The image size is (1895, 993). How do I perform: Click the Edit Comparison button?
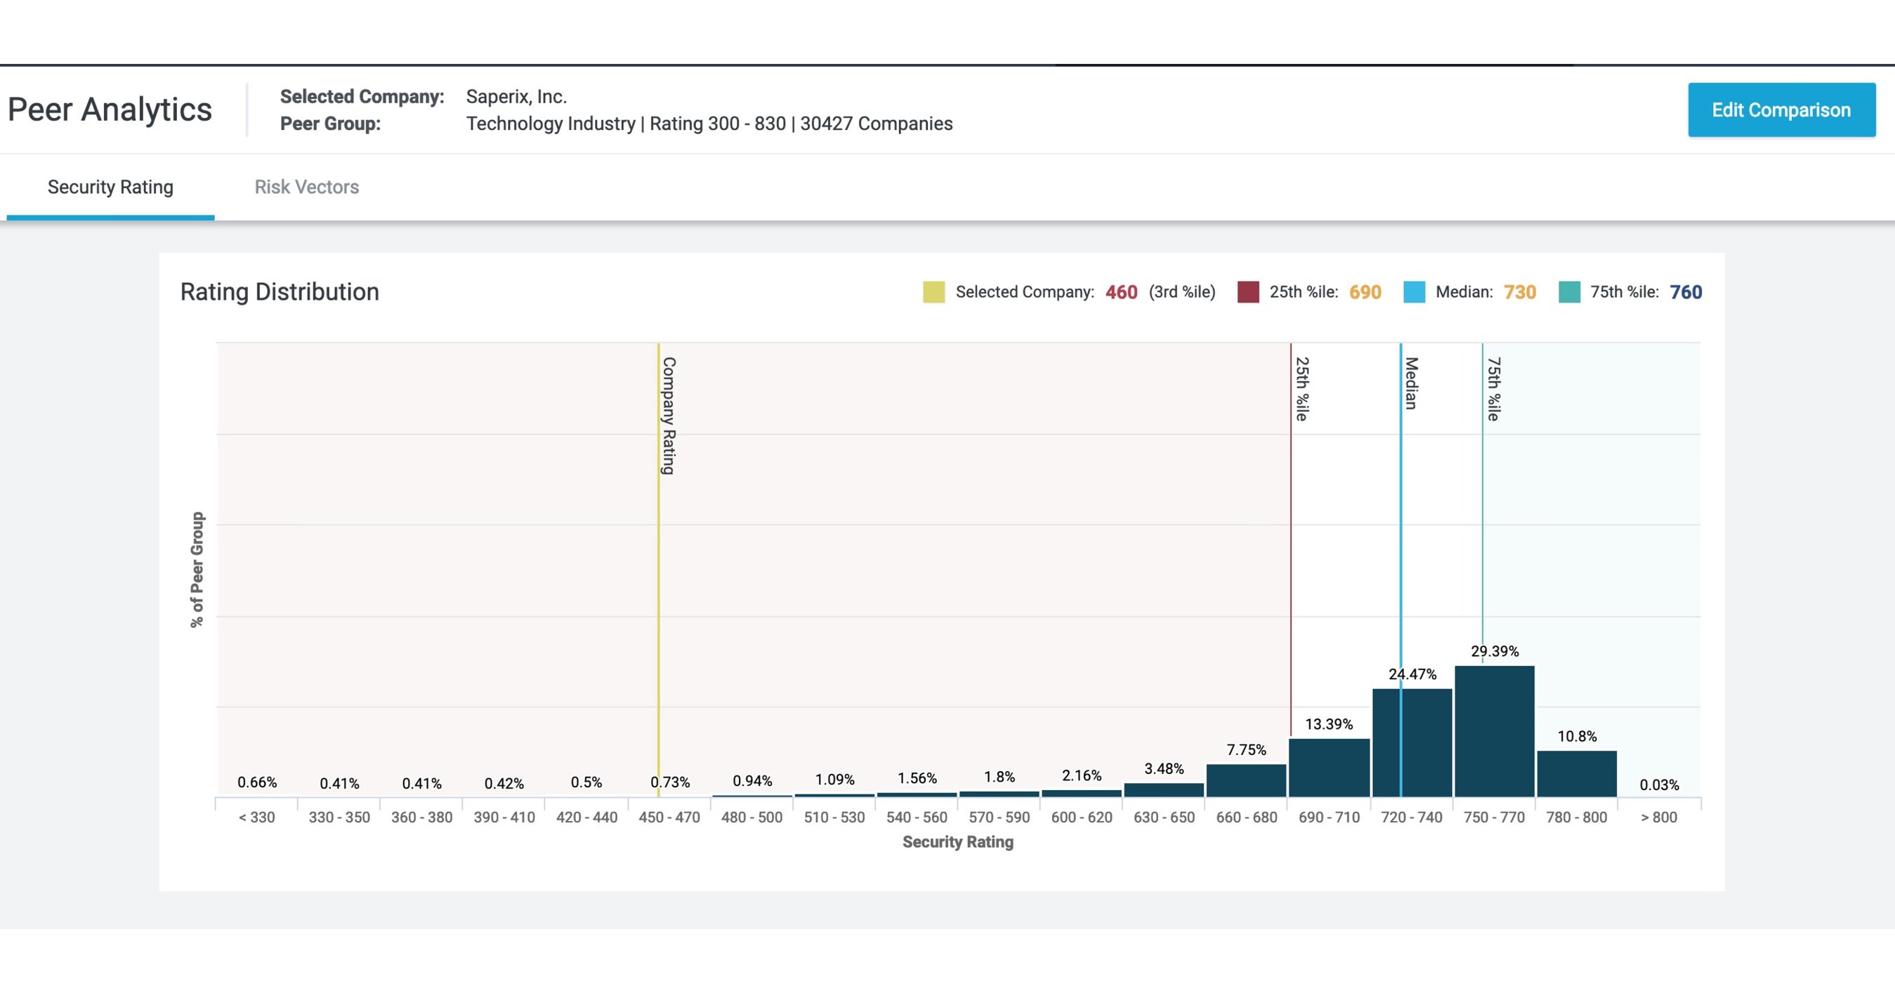[x=1781, y=110]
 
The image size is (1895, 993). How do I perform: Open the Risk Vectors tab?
[x=306, y=187]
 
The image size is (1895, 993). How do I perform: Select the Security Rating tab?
[x=110, y=187]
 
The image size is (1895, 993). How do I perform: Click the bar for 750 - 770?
[x=1494, y=731]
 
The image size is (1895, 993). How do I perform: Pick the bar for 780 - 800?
[x=1576, y=774]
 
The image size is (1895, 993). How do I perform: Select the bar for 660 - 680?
[x=1246, y=780]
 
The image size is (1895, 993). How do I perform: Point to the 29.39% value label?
[x=1494, y=651]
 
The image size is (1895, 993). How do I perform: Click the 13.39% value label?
[x=1329, y=724]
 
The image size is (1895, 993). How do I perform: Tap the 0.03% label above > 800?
[x=1659, y=785]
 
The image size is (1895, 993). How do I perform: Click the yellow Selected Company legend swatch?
[x=933, y=292]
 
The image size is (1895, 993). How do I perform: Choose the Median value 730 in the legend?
[x=1519, y=292]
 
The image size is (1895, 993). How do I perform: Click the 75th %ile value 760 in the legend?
[x=1686, y=292]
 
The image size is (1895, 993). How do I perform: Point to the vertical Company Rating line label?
[x=668, y=416]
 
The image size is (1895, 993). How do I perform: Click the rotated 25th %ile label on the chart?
[x=1301, y=388]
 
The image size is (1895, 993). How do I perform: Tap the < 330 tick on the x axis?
[x=257, y=817]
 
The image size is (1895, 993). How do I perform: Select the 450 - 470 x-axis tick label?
[x=669, y=817]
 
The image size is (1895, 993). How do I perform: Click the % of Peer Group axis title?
[x=197, y=570]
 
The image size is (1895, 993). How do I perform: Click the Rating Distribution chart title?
[x=280, y=292]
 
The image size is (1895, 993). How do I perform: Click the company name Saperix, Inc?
[x=516, y=96]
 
